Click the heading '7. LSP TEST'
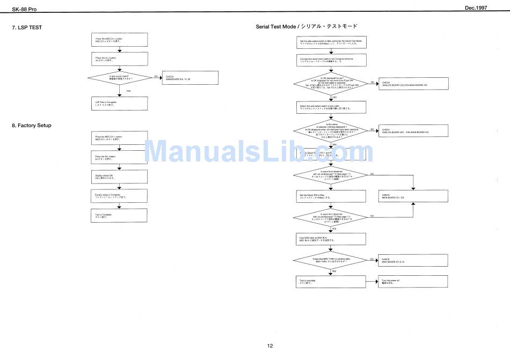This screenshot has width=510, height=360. pyautogui.click(x=27, y=27)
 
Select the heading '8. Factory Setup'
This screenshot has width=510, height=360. pyautogui.click(x=32, y=126)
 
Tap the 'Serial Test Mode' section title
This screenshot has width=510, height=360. pyautogui.click(x=306, y=26)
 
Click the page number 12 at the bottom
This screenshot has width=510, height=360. pyautogui.click(x=270, y=346)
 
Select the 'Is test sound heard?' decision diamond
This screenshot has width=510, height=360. pyautogui.click(x=120, y=78)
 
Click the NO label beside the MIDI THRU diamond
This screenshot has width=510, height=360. pyautogui.click(x=371, y=259)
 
